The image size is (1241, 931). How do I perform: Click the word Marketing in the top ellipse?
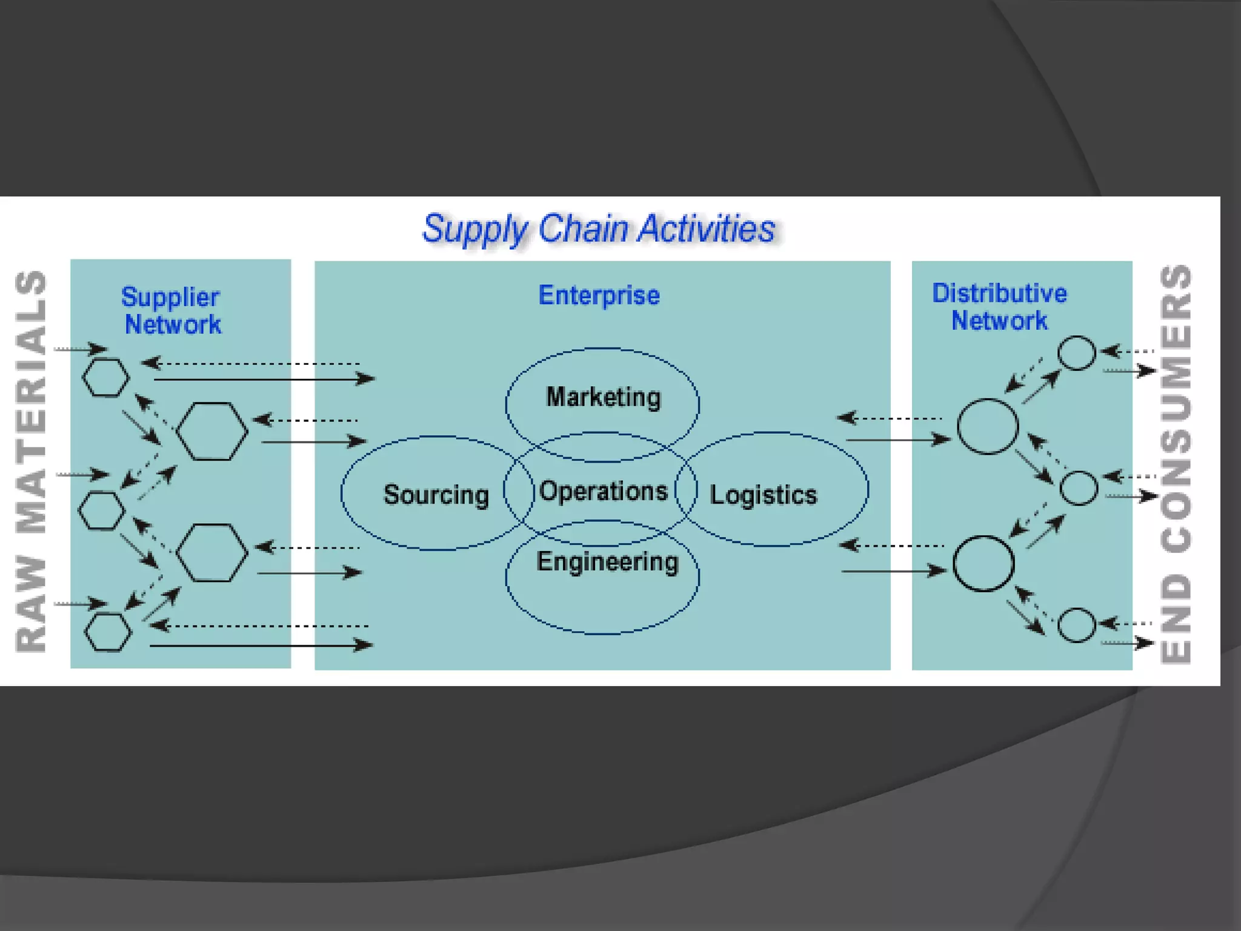click(603, 397)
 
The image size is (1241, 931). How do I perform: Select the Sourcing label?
click(436, 495)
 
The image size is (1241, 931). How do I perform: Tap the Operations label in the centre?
click(603, 491)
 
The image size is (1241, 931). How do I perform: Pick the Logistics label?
click(763, 495)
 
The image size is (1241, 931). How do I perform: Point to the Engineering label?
click(607, 561)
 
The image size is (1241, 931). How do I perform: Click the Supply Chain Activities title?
click(599, 229)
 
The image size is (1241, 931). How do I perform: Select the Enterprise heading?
click(599, 295)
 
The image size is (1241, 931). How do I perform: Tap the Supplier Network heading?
click(172, 310)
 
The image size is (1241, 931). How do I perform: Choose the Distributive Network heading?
click(999, 307)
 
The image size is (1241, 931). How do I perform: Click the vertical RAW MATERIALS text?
click(31, 461)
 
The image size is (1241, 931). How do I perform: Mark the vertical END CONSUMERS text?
click(1176, 464)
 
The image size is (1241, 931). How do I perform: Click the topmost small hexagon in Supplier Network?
click(106, 378)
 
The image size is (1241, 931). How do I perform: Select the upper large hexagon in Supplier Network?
click(211, 431)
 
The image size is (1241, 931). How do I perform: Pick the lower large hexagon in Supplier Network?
click(211, 553)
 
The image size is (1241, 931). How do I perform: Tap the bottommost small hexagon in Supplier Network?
click(108, 632)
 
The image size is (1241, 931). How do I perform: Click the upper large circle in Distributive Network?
click(988, 427)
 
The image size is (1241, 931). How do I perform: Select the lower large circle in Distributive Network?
click(983, 563)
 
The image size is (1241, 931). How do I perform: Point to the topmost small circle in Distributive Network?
click(1077, 353)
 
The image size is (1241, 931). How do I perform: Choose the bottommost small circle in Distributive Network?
click(1076, 625)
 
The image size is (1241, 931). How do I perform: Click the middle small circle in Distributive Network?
click(1079, 488)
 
